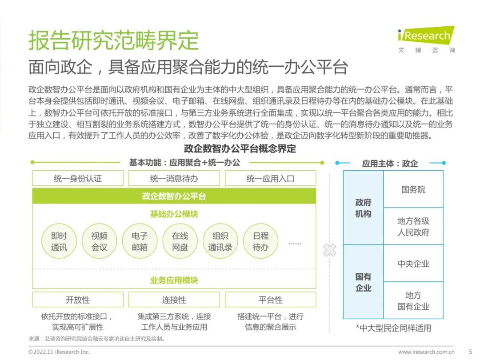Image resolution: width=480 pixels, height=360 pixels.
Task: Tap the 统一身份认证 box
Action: (78, 179)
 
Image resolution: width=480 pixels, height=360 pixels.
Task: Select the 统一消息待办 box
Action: (174, 179)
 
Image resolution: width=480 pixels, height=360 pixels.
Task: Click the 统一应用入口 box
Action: (270, 179)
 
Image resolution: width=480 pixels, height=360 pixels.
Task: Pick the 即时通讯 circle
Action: (59, 242)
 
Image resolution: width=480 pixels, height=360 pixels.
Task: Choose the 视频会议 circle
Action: (100, 242)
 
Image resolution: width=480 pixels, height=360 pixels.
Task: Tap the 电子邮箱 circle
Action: (140, 242)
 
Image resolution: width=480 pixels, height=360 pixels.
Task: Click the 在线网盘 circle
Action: (180, 242)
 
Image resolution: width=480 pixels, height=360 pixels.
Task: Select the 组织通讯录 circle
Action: (220, 242)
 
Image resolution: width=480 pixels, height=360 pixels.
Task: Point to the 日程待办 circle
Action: (260, 242)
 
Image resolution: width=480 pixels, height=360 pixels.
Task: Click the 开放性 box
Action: (78, 300)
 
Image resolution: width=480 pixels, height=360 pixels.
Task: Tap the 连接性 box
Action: (174, 300)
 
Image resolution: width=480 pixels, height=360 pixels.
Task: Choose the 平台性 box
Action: (270, 300)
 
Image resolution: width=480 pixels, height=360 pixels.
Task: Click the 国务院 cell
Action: (413, 189)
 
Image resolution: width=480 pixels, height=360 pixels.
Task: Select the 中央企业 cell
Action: (413, 264)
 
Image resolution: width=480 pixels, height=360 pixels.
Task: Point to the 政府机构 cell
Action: (363, 208)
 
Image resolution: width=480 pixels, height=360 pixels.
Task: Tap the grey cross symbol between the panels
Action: (330, 250)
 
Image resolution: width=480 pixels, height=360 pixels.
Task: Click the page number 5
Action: (470, 352)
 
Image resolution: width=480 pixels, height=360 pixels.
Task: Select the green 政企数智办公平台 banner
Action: (174, 196)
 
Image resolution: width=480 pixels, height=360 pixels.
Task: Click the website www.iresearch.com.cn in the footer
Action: (426, 352)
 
